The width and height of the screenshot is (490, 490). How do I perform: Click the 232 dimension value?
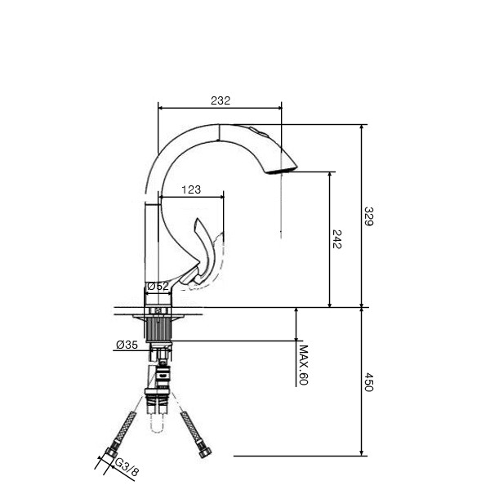pos(220,100)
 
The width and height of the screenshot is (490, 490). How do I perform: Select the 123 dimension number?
pos(191,189)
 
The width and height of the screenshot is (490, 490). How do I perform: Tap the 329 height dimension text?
pos(368,216)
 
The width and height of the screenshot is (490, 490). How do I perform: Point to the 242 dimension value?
pos(336,239)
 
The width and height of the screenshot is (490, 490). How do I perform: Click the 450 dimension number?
pos(368,382)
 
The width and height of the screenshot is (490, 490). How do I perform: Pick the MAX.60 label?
pos(304,365)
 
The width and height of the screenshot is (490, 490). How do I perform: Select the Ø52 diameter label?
pos(158,286)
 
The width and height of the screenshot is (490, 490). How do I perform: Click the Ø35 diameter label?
pos(127,345)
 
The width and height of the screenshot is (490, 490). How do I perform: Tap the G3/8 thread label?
pos(127,467)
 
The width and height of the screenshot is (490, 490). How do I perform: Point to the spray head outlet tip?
pos(281,171)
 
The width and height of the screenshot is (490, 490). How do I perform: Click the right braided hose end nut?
pos(206,452)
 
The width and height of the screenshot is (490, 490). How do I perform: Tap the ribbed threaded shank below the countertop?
pos(158,329)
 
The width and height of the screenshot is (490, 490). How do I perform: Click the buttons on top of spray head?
pos(258,131)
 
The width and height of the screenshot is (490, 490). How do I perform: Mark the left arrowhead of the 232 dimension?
pos(161,108)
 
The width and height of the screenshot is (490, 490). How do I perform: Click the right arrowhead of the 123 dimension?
pos(221,197)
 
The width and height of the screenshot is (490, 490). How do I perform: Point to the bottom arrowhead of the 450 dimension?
pos(362,452)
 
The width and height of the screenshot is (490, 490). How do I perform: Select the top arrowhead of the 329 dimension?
pos(362,127)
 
